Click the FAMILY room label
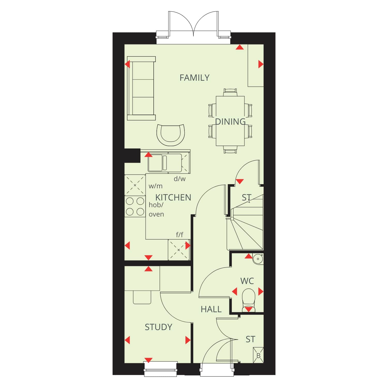click(x=195, y=78)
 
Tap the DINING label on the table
click(x=230, y=122)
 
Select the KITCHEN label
click(x=173, y=198)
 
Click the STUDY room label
click(x=158, y=327)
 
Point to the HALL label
click(x=211, y=309)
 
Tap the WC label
click(x=247, y=281)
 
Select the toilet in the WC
click(x=249, y=300)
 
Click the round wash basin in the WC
click(x=258, y=259)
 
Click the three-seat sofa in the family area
click(x=141, y=88)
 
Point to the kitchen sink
click(x=165, y=163)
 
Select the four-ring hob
click(x=135, y=206)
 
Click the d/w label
click(x=180, y=179)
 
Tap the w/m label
click(x=155, y=186)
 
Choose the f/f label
click(x=180, y=235)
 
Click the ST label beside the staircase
click(x=247, y=198)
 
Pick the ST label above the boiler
click(x=250, y=339)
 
